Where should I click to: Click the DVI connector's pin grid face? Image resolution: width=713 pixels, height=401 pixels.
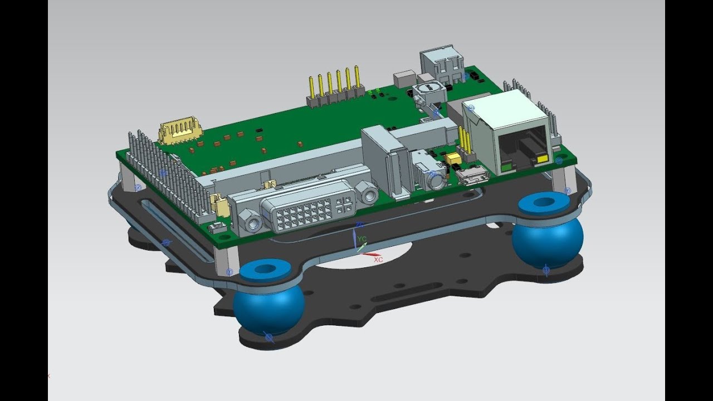pos(309,211)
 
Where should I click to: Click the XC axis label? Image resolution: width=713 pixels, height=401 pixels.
pos(378,260)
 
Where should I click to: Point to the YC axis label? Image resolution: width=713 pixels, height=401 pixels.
pos(362,239)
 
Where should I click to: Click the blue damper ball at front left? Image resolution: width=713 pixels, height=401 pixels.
pos(268,310)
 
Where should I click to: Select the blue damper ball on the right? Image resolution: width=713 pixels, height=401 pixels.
pos(547,240)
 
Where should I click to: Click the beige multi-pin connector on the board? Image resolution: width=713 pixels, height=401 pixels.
pos(179,131)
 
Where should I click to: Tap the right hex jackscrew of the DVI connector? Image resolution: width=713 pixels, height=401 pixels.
pos(367,192)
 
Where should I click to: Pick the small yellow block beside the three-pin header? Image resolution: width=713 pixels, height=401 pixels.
pos(453,160)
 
